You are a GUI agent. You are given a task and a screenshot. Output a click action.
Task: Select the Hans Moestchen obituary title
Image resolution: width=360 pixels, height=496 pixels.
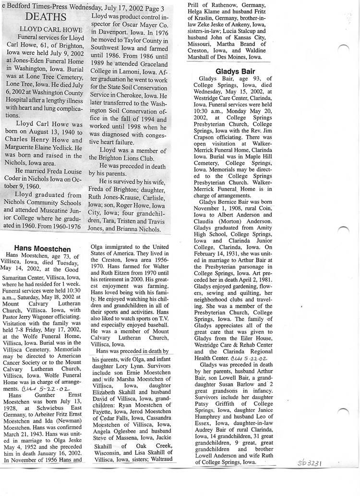coord(43,249)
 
